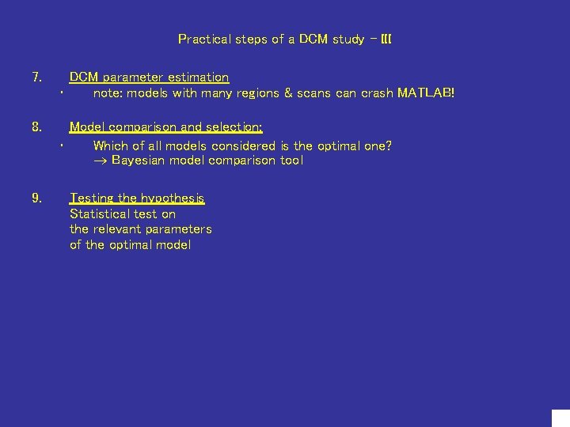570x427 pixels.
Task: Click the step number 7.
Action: coord(36,77)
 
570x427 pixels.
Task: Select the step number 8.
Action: coord(36,127)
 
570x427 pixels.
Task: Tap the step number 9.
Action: coord(36,198)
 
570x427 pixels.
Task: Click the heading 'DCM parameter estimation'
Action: coord(149,77)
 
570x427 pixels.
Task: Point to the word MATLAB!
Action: coord(426,93)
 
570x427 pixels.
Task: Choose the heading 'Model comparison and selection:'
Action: coord(166,127)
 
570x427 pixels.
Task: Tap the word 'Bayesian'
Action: coord(139,161)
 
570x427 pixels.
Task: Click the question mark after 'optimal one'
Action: coord(388,145)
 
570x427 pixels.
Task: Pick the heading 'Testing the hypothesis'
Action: coord(137,198)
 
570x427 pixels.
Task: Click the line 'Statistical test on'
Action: coord(123,214)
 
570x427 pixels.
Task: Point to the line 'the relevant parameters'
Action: coord(140,229)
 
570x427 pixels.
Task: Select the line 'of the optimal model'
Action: coord(130,245)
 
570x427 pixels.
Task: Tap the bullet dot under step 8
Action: coord(61,147)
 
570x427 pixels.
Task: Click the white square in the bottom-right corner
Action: coord(560,418)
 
